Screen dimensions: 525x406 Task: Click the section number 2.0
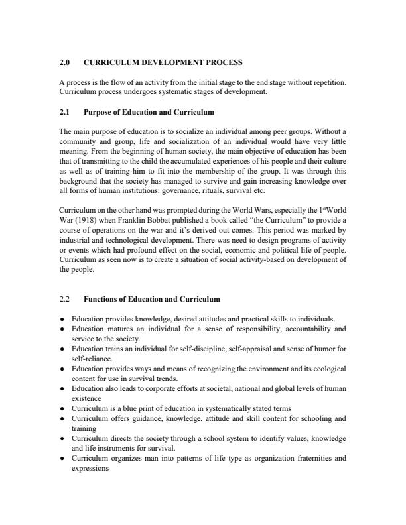click(64, 62)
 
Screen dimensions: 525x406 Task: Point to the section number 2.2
click(64, 300)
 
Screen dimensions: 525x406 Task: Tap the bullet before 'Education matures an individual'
click(61, 328)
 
